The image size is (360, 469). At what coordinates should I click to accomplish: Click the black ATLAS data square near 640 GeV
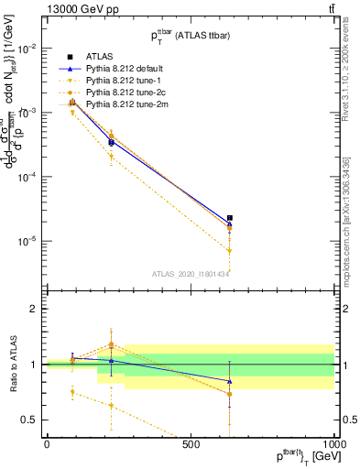click(x=230, y=218)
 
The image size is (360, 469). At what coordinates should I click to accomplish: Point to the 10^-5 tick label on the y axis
click(x=26, y=241)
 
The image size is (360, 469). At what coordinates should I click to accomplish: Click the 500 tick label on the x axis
click(x=191, y=444)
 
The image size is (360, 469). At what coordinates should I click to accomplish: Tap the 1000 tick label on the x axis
click(x=333, y=444)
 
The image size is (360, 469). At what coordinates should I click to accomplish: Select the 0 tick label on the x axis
click(x=47, y=444)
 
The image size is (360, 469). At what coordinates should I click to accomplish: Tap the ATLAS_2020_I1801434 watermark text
click(x=191, y=273)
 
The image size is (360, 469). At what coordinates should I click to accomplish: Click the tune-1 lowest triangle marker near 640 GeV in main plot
click(x=230, y=250)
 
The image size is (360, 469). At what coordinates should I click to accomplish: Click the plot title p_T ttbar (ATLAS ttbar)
click(x=191, y=34)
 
